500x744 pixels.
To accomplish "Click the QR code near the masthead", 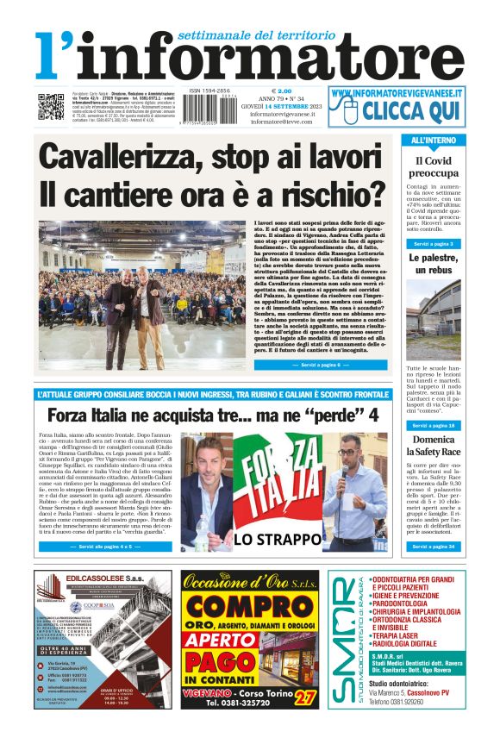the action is [51, 107].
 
